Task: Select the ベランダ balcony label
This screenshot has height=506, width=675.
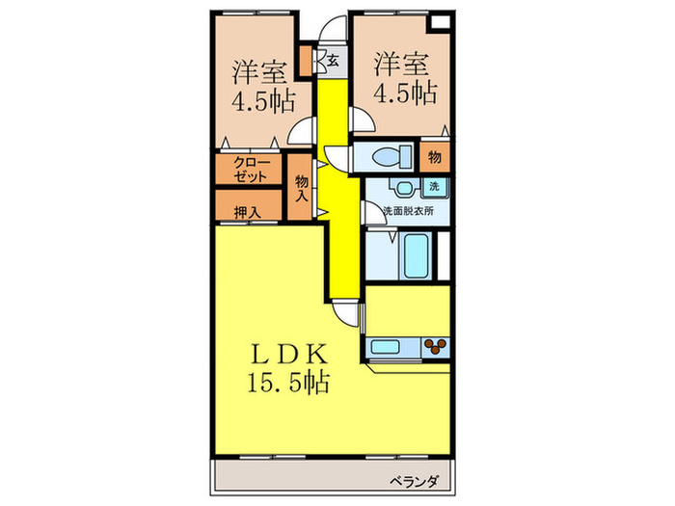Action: point(416,479)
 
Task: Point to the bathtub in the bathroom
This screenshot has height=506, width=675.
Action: point(401,255)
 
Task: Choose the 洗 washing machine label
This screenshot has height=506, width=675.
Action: point(434,186)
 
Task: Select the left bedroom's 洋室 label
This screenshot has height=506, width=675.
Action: point(258,71)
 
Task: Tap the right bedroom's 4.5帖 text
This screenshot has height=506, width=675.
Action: point(403,94)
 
